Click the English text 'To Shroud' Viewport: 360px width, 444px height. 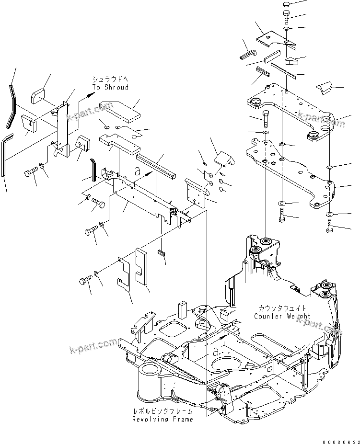click(x=111, y=88)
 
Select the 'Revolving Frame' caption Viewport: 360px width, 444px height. click(x=163, y=419)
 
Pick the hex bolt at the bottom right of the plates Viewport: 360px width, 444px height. click(x=330, y=228)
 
